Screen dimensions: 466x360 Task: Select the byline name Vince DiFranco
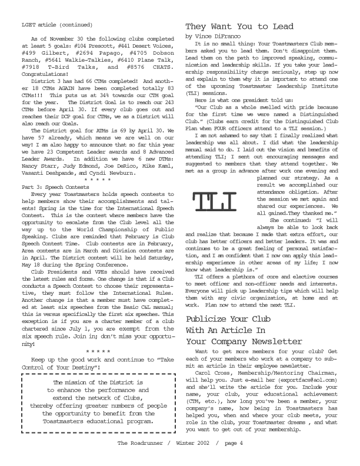(x=216, y=36)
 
